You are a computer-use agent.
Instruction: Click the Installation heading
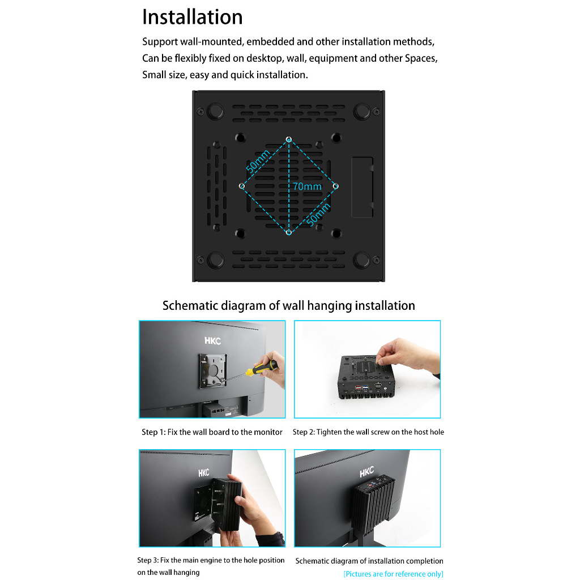coord(193,17)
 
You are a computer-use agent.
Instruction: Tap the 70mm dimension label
coord(307,186)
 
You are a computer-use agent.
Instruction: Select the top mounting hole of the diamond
coord(289,139)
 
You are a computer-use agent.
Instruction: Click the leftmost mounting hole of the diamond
coord(242,186)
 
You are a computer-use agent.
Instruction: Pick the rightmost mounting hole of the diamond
coord(335,186)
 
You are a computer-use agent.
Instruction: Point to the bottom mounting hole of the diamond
coord(289,232)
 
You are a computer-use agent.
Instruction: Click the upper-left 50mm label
coord(258,161)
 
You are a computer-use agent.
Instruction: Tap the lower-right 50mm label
coord(318,215)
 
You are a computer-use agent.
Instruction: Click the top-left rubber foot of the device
coord(215,111)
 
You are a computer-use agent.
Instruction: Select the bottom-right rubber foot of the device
coord(362,259)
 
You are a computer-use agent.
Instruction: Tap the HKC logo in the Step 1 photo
coord(213,340)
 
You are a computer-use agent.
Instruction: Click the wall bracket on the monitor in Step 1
coord(213,371)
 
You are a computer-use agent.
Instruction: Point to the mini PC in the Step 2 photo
coord(365,377)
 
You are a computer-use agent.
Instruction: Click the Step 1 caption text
coord(212,432)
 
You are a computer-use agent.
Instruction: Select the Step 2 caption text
coord(368,432)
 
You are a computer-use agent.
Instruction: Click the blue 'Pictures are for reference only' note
coord(393,574)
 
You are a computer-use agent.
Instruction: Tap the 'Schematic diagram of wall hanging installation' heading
coord(288,305)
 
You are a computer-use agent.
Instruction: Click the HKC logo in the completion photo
coord(367,472)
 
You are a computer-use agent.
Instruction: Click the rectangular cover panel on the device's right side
coord(362,187)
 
